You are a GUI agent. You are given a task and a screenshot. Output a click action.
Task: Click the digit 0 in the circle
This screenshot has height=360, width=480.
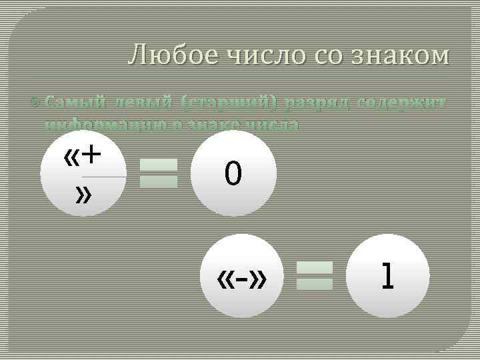[233, 175]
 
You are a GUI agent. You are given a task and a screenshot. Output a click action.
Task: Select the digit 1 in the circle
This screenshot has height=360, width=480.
[386, 276]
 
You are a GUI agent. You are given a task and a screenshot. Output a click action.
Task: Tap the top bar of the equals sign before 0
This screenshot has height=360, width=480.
[159, 164]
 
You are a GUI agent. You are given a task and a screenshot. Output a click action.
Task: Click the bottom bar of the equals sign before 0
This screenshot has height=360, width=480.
[159, 181]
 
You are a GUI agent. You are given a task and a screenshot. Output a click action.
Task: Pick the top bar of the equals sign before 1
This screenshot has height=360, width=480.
[314, 267]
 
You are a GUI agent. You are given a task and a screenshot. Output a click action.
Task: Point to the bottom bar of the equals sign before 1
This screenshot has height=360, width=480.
[314, 285]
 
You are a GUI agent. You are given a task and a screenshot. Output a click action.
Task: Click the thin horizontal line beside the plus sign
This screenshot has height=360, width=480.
[104, 177]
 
